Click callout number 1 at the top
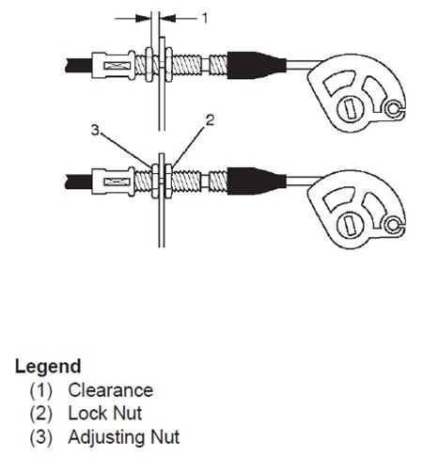pos(205,18)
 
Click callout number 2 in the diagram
pos(210,120)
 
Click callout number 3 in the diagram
pos(95,130)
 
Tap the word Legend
pos(48,366)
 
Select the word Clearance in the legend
pos(111,390)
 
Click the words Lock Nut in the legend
pos(105,413)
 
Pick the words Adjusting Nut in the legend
pos(124,437)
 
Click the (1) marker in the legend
pos(41,390)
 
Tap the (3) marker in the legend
pos(41,437)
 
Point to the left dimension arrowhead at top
pos(143,19)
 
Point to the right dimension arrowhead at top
pos(167,19)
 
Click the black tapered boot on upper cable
pos(257,65)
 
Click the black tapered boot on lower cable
pos(257,182)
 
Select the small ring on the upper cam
pos(393,108)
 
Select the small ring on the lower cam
pos(393,225)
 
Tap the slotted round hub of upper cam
pos(350,108)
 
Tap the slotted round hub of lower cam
pos(350,225)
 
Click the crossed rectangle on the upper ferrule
pos(117,66)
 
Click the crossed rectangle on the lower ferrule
pos(117,182)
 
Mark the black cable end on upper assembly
pos(79,66)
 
